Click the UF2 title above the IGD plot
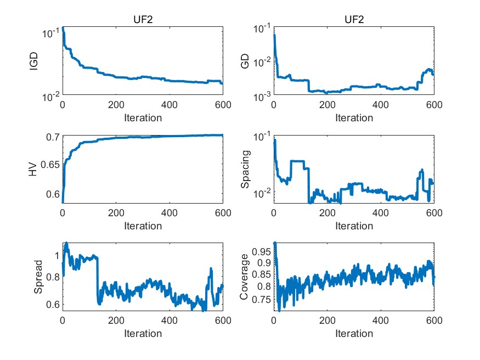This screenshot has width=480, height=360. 143,20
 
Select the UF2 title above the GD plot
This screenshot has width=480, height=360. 354,20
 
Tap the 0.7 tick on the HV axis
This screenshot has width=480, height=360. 53,137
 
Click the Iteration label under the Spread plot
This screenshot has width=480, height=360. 143,333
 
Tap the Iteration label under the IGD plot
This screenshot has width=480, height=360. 143,117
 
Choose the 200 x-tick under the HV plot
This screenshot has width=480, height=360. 116,214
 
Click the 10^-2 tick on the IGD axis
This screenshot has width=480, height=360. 49,96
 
